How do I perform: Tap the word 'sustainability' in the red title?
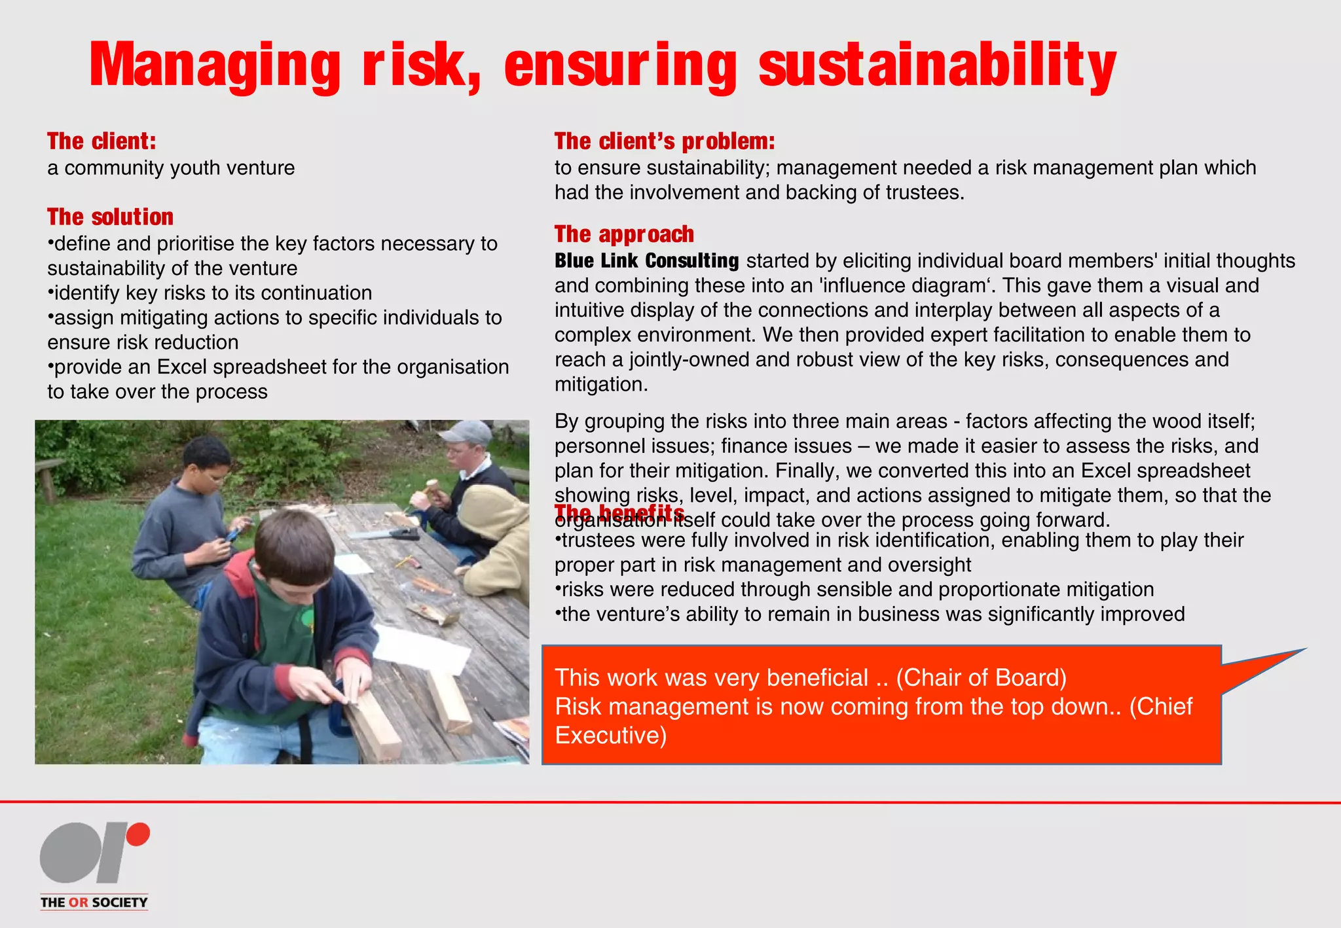pyautogui.click(x=937, y=65)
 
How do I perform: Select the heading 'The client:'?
pyautogui.click(x=101, y=141)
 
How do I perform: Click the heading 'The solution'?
pyautogui.click(x=110, y=217)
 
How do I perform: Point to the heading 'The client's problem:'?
pyautogui.click(x=665, y=141)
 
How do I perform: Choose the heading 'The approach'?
pyautogui.click(x=624, y=234)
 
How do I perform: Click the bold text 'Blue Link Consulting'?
pyautogui.click(x=646, y=261)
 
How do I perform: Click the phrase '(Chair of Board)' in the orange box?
pyautogui.click(x=981, y=678)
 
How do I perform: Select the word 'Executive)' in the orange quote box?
pyautogui.click(x=610, y=736)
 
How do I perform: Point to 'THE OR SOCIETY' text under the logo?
pyautogui.click(x=94, y=902)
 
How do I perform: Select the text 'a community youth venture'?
pyautogui.click(x=171, y=168)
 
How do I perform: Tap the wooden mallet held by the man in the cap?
pyautogui.click(x=432, y=487)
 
